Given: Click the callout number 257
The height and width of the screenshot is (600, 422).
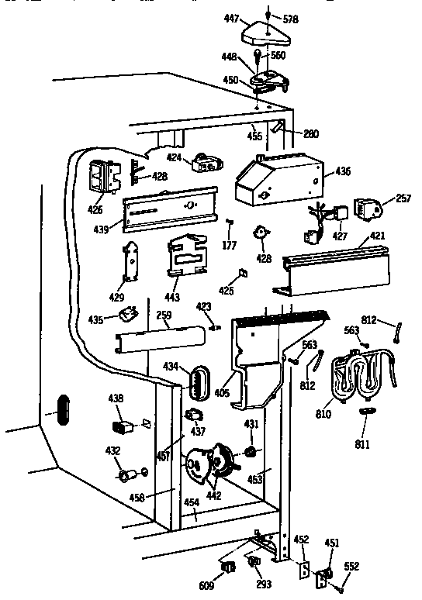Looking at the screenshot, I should pyautogui.click(x=403, y=199).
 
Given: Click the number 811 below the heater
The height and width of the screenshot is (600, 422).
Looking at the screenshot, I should pyautogui.click(x=361, y=445).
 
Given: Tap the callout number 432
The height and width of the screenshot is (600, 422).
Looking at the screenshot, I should pyautogui.click(x=113, y=450).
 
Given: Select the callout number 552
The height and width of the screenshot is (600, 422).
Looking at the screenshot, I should pyautogui.click(x=352, y=566).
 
